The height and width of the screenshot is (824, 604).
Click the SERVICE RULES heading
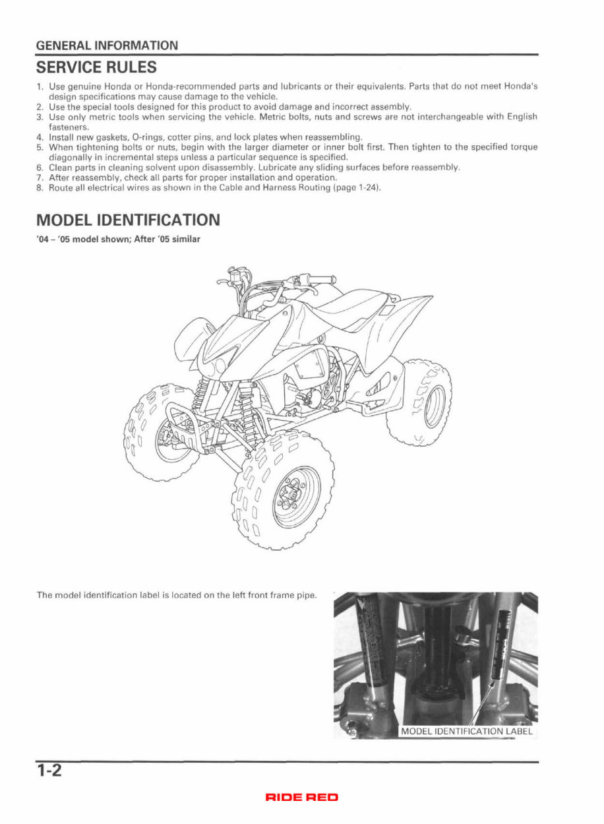(x=96, y=67)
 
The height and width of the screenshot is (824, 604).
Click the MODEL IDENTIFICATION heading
(x=128, y=219)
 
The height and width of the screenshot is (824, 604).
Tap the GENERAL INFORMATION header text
(x=107, y=46)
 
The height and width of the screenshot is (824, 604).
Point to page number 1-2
(x=49, y=771)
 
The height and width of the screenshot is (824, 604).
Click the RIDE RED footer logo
(x=301, y=798)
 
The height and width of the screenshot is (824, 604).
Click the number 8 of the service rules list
(x=40, y=188)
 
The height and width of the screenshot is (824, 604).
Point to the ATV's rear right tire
(x=419, y=402)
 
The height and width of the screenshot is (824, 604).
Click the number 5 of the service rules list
(x=40, y=147)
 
